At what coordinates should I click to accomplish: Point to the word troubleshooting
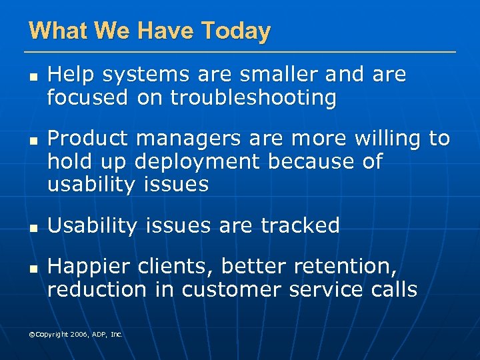click(x=253, y=98)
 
